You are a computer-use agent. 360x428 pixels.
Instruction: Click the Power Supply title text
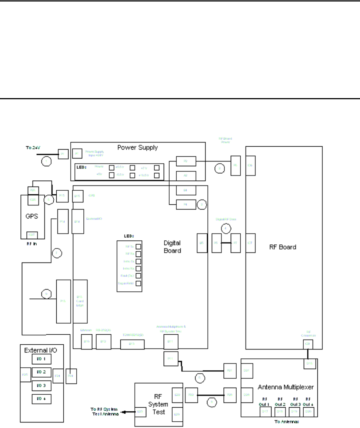pyautogui.click(x=137, y=147)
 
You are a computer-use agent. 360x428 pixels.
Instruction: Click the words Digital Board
pyautogui.click(x=172, y=247)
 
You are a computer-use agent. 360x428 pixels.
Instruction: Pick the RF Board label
pyautogui.click(x=283, y=247)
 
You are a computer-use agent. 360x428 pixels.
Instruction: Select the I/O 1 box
pyautogui.click(x=39, y=359)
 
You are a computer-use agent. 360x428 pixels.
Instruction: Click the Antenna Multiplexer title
pyautogui.click(x=285, y=387)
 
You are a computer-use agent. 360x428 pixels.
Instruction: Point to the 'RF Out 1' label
pyautogui.click(x=266, y=401)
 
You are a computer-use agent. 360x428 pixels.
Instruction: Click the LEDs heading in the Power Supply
pyautogui.click(x=81, y=167)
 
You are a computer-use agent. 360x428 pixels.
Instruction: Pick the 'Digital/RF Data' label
pyautogui.click(x=226, y=219)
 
